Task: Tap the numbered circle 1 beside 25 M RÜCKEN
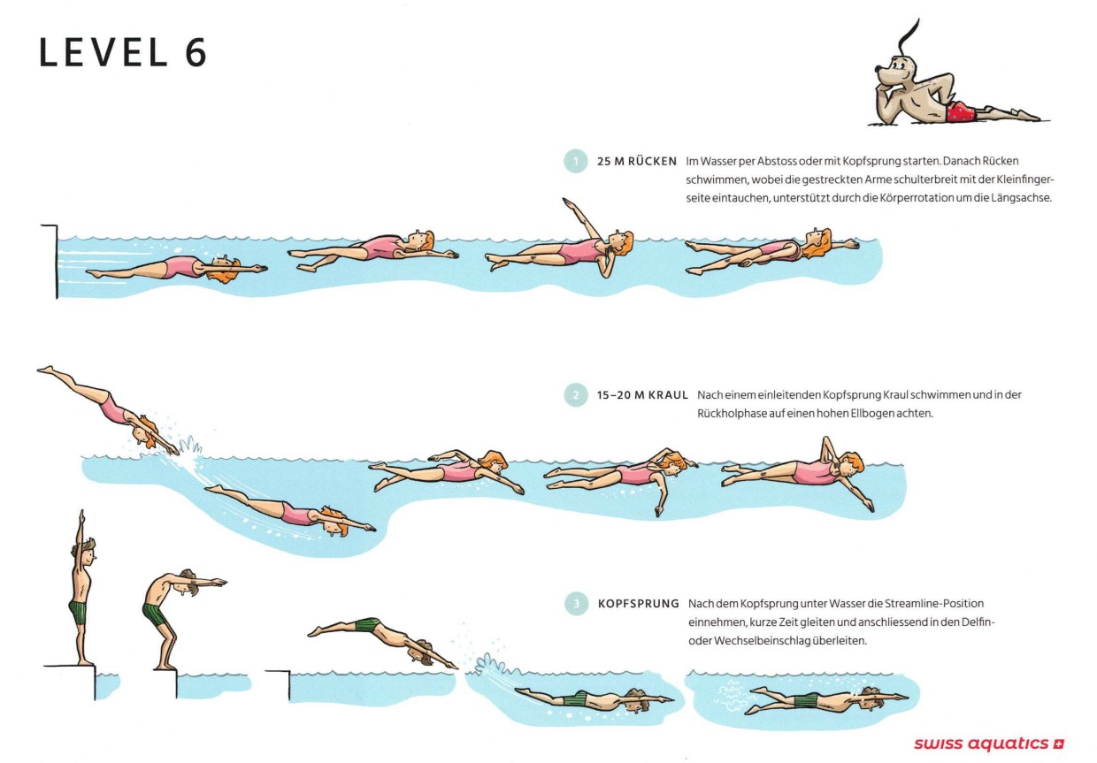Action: (x=576, y=161)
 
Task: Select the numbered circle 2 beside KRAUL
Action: (x=576, y=395)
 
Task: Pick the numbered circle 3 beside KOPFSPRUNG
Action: (x=577, y=604)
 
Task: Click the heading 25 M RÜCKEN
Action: (x=637, y=161)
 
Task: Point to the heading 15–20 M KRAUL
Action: (x=642, y=395)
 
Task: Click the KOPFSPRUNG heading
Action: (x=638, y=604)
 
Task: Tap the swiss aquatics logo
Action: (x=989, y=744)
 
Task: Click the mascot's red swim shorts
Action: (x=961, y=111)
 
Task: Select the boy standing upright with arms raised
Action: (x=82, y=587)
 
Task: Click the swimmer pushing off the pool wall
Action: (x=176, y=268)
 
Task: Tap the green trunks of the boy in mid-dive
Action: (x=366, y=625)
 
